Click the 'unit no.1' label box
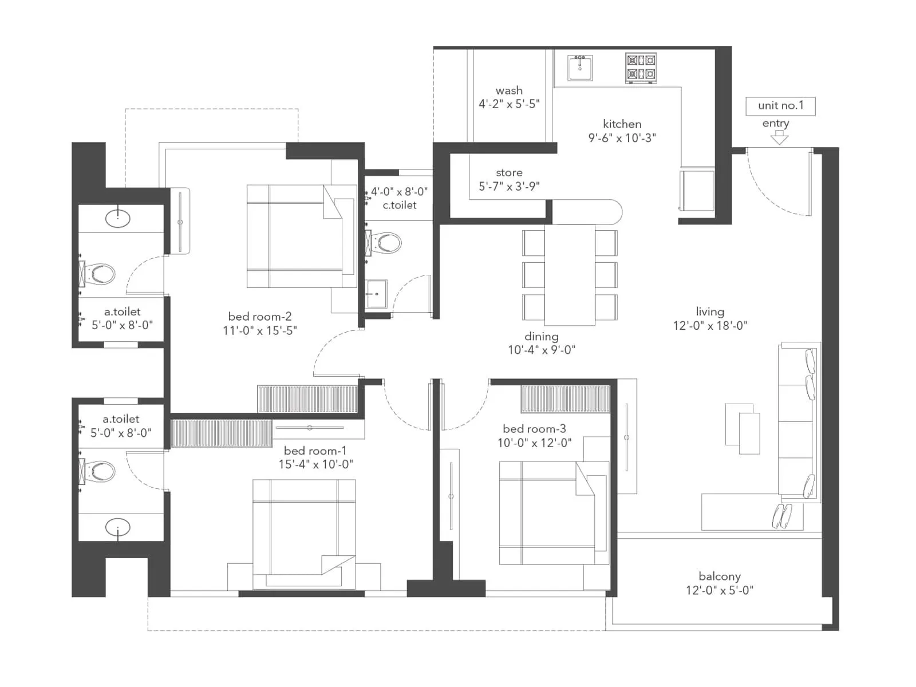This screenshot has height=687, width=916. point(780,106)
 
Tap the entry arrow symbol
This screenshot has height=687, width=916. point(779,137)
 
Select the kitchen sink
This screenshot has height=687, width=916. point(580,68)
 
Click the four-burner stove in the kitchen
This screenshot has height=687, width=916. point(641,67)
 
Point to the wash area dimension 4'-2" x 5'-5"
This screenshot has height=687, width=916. point(509,104)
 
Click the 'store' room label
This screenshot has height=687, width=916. point(509,172)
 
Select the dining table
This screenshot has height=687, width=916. point(570,275)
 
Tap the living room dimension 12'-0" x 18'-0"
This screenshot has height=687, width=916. point(710,326)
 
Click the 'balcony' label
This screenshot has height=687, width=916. point(720,577)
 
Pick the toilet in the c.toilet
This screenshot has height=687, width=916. point(385,243)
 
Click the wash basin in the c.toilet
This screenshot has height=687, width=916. point(376,294)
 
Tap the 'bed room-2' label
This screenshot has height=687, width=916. point(259,317)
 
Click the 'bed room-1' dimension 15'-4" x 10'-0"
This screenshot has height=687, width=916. point(315,464)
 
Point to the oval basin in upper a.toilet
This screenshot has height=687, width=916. point(118,218)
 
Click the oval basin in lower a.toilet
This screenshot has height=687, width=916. point(118,528)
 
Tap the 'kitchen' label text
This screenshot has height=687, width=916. point(622,124)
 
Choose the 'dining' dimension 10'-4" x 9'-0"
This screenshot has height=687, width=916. point(541,350)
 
